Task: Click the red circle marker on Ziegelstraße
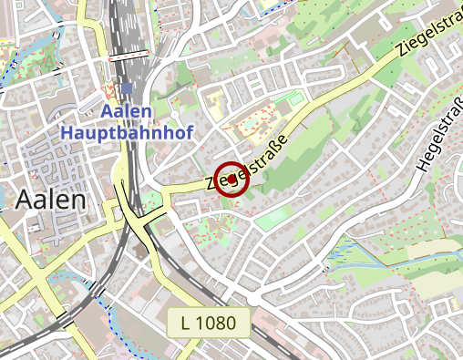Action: pos(233,179)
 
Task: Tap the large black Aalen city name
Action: pos(51,200)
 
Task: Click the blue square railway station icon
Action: pos(126,89)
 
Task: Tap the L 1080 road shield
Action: pos(209,322)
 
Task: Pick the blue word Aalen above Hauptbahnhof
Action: pos(127,111)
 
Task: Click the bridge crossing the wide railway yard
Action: pos(129,57)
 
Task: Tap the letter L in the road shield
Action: pos(186,322)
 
